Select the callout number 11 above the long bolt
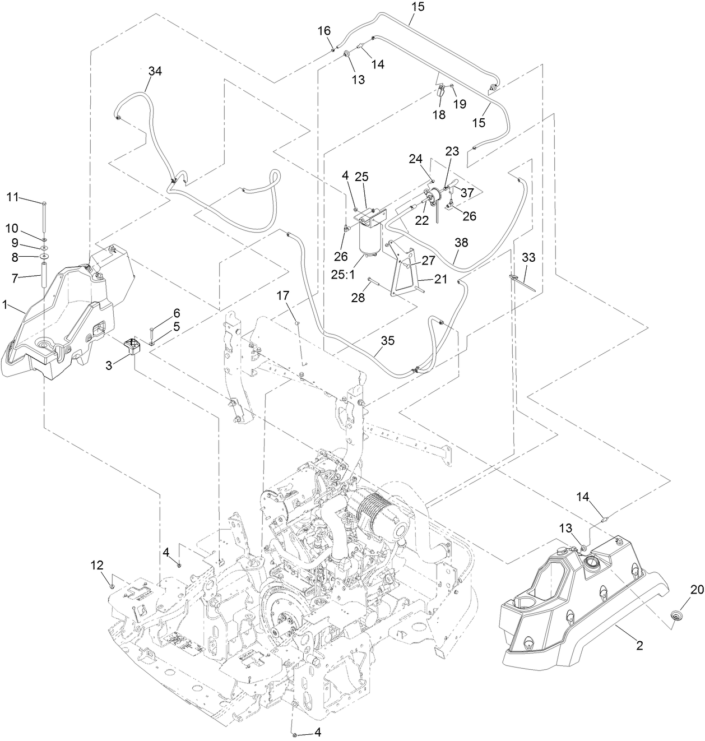pyautogui.click(x=12, y=197)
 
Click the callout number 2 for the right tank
pyautogui.click(x=639, y=645)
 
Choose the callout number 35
pyautogui.click(x=388, y=340)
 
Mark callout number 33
pyautogui.click(x=528, y=258)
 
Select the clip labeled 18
pyautogui.click(x=440, y=91)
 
